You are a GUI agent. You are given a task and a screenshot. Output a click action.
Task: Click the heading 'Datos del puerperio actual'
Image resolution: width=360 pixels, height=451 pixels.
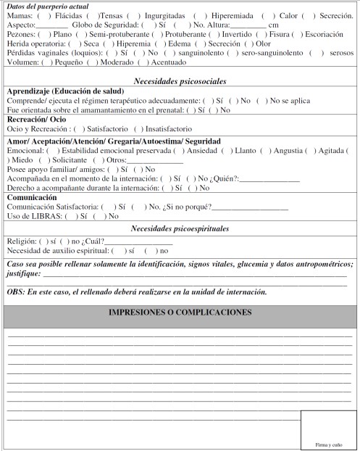tap(43, 7)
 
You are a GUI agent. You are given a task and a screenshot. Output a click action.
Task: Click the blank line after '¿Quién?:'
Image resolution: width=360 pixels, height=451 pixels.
tap(274, 178)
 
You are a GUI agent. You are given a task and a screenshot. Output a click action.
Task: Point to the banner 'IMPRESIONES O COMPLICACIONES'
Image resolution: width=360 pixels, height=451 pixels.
tap(180, 313)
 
